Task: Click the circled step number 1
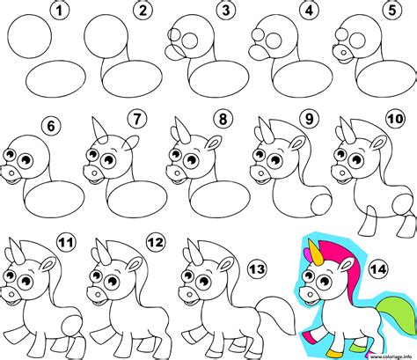tap(59, 11)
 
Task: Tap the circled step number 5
tap(389, 11)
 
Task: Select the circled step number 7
tap(135, 118)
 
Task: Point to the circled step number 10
tap(393, 118)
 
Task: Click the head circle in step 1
tap(33, 39)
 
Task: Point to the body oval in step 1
tap(52, 80)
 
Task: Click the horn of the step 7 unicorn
tap(94, 128)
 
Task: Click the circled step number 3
tap(226, 11)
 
